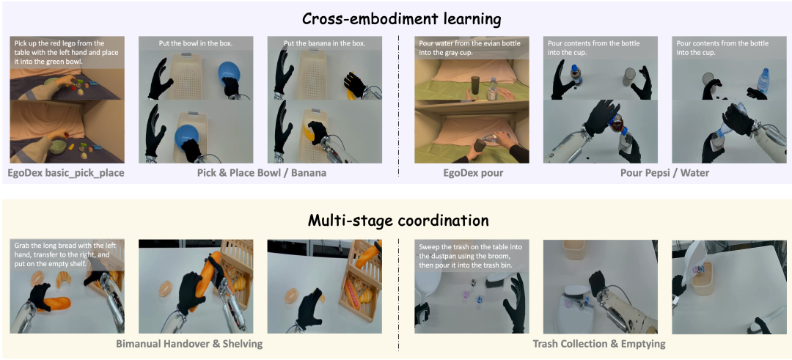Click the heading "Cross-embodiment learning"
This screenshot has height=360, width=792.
pos(402,19)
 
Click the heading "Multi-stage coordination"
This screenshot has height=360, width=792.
pos(399,221)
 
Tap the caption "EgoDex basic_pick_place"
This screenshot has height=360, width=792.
pos(66,173)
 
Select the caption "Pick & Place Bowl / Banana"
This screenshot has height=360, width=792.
pos(260,173)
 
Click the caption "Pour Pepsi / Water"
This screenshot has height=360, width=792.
pos(664,173)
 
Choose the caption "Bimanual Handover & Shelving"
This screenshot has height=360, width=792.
pos(189,344)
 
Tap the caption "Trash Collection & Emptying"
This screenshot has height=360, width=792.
pos(599,344)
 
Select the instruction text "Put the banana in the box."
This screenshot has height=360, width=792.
pos(324,43)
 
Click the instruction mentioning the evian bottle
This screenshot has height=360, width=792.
pos(470,48)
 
